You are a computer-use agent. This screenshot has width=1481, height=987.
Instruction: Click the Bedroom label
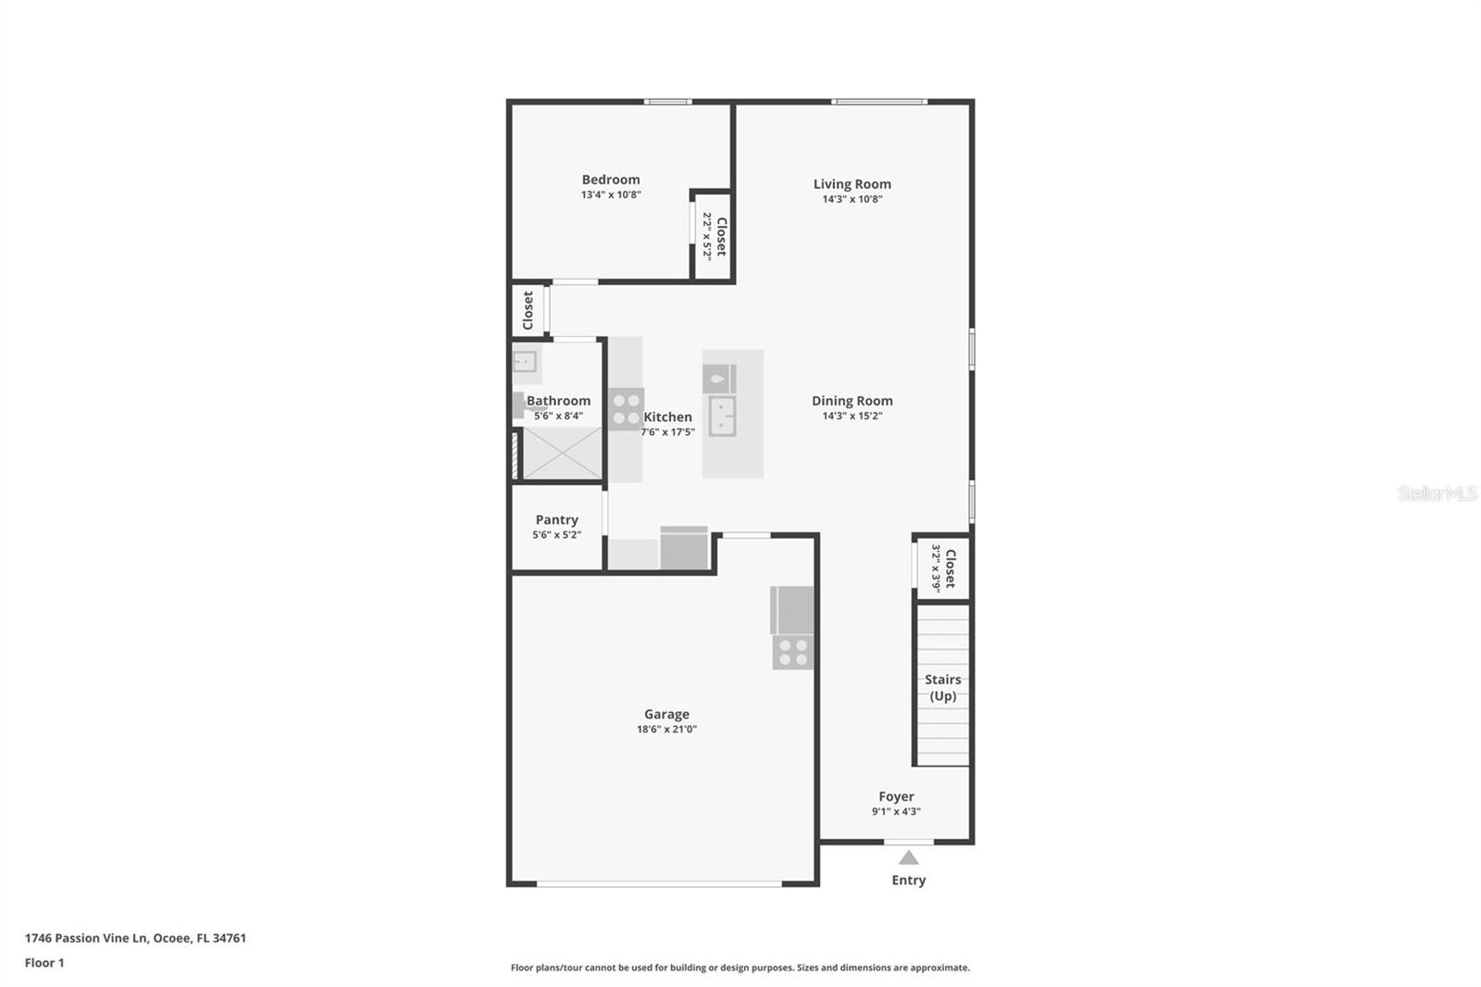(610, 180)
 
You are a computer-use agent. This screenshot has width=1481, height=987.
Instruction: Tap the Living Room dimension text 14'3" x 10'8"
(852, 199)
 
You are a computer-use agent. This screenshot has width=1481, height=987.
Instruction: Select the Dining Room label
(852, 400)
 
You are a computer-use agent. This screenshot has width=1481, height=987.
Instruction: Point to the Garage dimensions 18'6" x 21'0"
(666, 729)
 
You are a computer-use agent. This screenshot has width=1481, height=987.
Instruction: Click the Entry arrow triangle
(908, 858)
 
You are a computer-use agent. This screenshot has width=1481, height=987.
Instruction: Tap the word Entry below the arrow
(908, 880)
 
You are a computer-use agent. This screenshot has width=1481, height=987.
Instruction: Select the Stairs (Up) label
(943, 687)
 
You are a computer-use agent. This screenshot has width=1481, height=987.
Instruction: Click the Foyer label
(896, 796)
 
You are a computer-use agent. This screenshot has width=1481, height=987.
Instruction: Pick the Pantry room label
(556, 520)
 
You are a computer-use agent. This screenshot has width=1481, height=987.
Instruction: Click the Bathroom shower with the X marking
(562, 453)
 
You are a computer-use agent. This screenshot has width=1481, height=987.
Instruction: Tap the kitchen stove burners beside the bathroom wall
(626, 409)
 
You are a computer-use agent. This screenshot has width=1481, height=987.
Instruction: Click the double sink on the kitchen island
(722, 416)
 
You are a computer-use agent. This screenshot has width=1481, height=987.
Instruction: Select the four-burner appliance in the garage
(792, 651)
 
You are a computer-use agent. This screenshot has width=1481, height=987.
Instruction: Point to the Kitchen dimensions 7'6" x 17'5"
(667, 432)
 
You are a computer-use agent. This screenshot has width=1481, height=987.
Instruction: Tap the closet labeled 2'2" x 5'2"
(713, 236)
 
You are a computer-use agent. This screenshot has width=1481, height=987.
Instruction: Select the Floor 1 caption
(44, 963)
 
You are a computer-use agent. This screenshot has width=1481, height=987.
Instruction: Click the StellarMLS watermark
(1437, 493)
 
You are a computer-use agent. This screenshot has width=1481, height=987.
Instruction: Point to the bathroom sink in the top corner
(525, 362)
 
